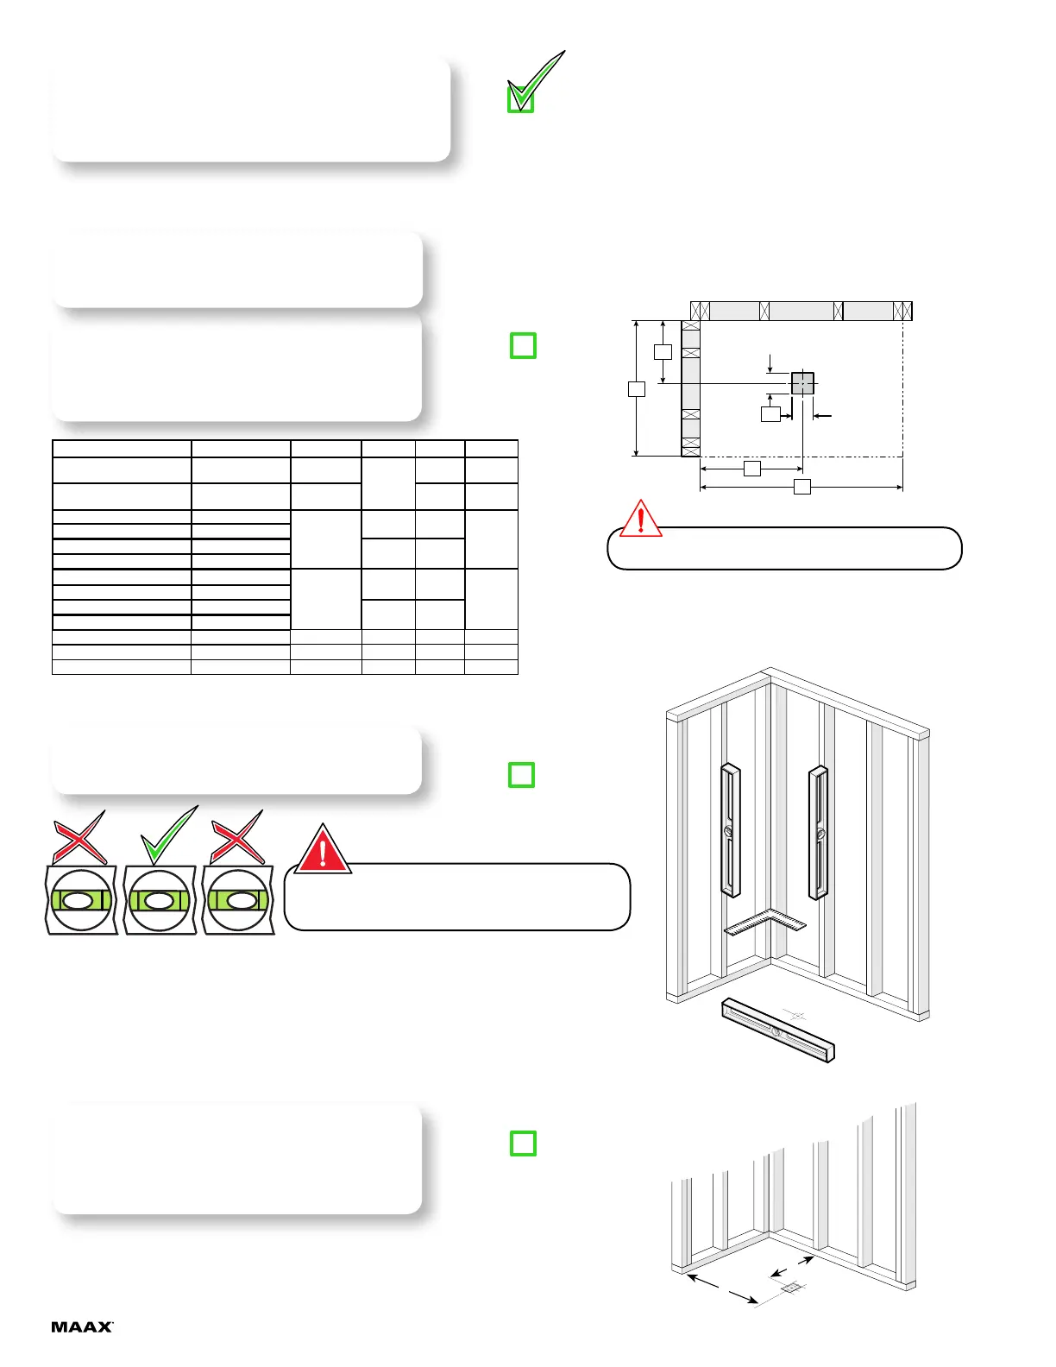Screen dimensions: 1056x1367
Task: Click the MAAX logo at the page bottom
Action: coord(82,1326)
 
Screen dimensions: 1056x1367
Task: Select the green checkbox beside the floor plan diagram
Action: coord(523,345)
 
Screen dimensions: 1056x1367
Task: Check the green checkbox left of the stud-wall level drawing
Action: coord(521,774)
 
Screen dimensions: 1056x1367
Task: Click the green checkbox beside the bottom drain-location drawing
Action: coord(523,1143)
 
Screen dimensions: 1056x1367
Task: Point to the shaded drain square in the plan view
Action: coord(802,383)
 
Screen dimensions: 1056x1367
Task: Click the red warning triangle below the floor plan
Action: coord(640,519)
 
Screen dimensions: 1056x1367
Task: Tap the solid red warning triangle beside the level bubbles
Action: coord(323,849)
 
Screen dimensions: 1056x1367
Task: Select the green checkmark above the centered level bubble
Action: coord(169,835)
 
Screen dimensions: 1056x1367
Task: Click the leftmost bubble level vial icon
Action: coord(80,900)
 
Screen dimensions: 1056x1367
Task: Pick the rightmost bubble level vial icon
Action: coord(238,900)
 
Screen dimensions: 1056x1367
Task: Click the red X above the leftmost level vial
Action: coord(80,837)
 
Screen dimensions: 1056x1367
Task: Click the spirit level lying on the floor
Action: coord(778,1030)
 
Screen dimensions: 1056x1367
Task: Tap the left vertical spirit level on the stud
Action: coord(730,830)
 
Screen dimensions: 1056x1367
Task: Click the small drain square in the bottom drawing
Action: coord(790,1288)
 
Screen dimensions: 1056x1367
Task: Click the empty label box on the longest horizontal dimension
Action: coord(801,487)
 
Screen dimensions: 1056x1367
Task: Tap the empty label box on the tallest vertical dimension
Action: coord(637,388)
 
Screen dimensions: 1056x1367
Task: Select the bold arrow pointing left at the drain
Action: coord(822,416)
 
